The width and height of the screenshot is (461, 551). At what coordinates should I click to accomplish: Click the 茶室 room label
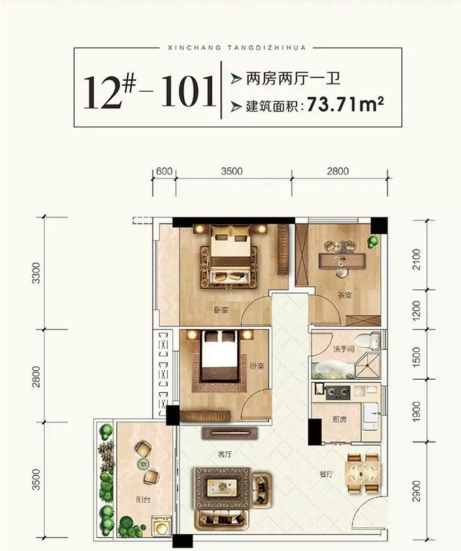click(x=344, y=296)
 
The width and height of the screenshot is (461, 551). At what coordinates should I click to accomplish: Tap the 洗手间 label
click(x=343, y=349)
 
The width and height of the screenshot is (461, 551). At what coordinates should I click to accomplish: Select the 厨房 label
click(x=339, y=419)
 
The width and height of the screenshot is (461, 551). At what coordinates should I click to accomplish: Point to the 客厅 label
click(x=224, y=454)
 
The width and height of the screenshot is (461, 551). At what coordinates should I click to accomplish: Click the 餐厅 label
click(x=326, y=474)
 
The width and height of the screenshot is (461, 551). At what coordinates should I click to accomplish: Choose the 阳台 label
click(x=143, y=499)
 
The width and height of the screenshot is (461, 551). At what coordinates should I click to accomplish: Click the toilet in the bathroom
click(x=367, y=340)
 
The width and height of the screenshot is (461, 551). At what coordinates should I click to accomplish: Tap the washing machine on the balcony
click(x=161, y=526)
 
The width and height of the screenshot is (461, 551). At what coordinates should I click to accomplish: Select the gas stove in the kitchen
click(x=338, y=393)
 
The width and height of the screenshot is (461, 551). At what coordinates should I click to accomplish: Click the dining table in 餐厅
click(x=363, y=473)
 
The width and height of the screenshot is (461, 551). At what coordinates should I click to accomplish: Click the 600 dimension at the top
click(x=165, y=171)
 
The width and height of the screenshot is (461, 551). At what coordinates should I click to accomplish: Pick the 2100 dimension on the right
click(x=416, y=260)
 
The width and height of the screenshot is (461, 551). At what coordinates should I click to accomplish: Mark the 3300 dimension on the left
click(x=36, y=272)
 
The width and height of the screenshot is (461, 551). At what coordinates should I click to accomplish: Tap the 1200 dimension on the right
click(x=416, y=310)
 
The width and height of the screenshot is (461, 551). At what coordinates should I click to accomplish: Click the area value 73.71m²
click(x=345, y=104)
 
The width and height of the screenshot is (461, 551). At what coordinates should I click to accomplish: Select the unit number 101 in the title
click(x=188, y=91)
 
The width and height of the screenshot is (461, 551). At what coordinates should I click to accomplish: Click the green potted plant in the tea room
click(x=373, y=242)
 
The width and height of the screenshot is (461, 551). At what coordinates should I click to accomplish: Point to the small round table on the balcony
click(x=143, y=464)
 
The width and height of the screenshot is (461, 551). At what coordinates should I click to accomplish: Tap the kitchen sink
click(x=371, y=416)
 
